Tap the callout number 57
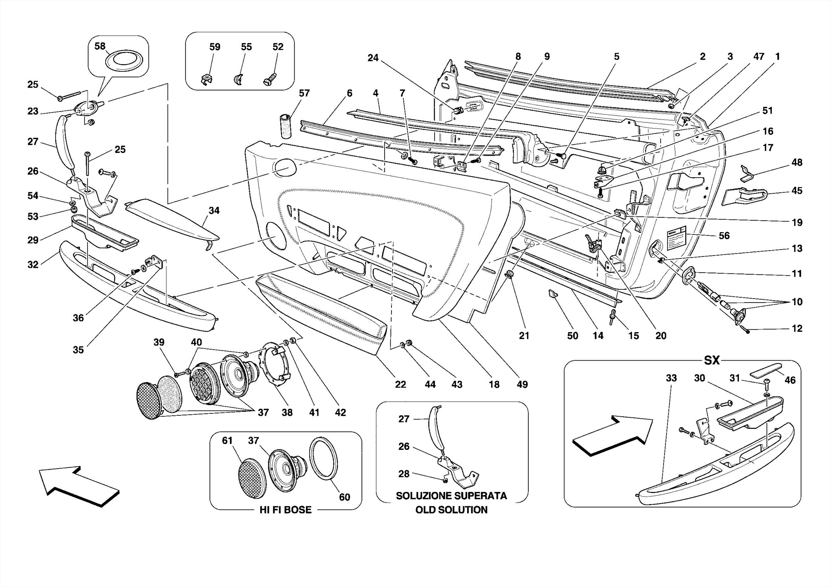click(x=304, y=93)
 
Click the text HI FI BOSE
click(x=285, y=510)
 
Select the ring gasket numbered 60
click(x=323, y=459)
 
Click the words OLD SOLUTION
click(x=451, y=510)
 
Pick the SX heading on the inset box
click(x=711, y=360)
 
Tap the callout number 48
click(x=797, y=163)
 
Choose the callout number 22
click(x=400, y=384)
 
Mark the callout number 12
click(x=797, y=329)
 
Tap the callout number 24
click(x=373, y=58)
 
